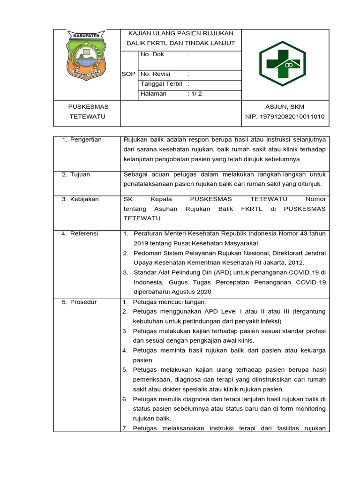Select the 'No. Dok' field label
tap(152, 54)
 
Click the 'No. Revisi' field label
tap(155, 74)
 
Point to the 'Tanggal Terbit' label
tap(162, 84)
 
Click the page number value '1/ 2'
tap(195, 94)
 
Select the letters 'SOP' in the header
tap(128, 74)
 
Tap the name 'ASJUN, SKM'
tap(285, 107)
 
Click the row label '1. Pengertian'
tap(82, 140)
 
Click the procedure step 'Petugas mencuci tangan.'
tap(169, 302)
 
